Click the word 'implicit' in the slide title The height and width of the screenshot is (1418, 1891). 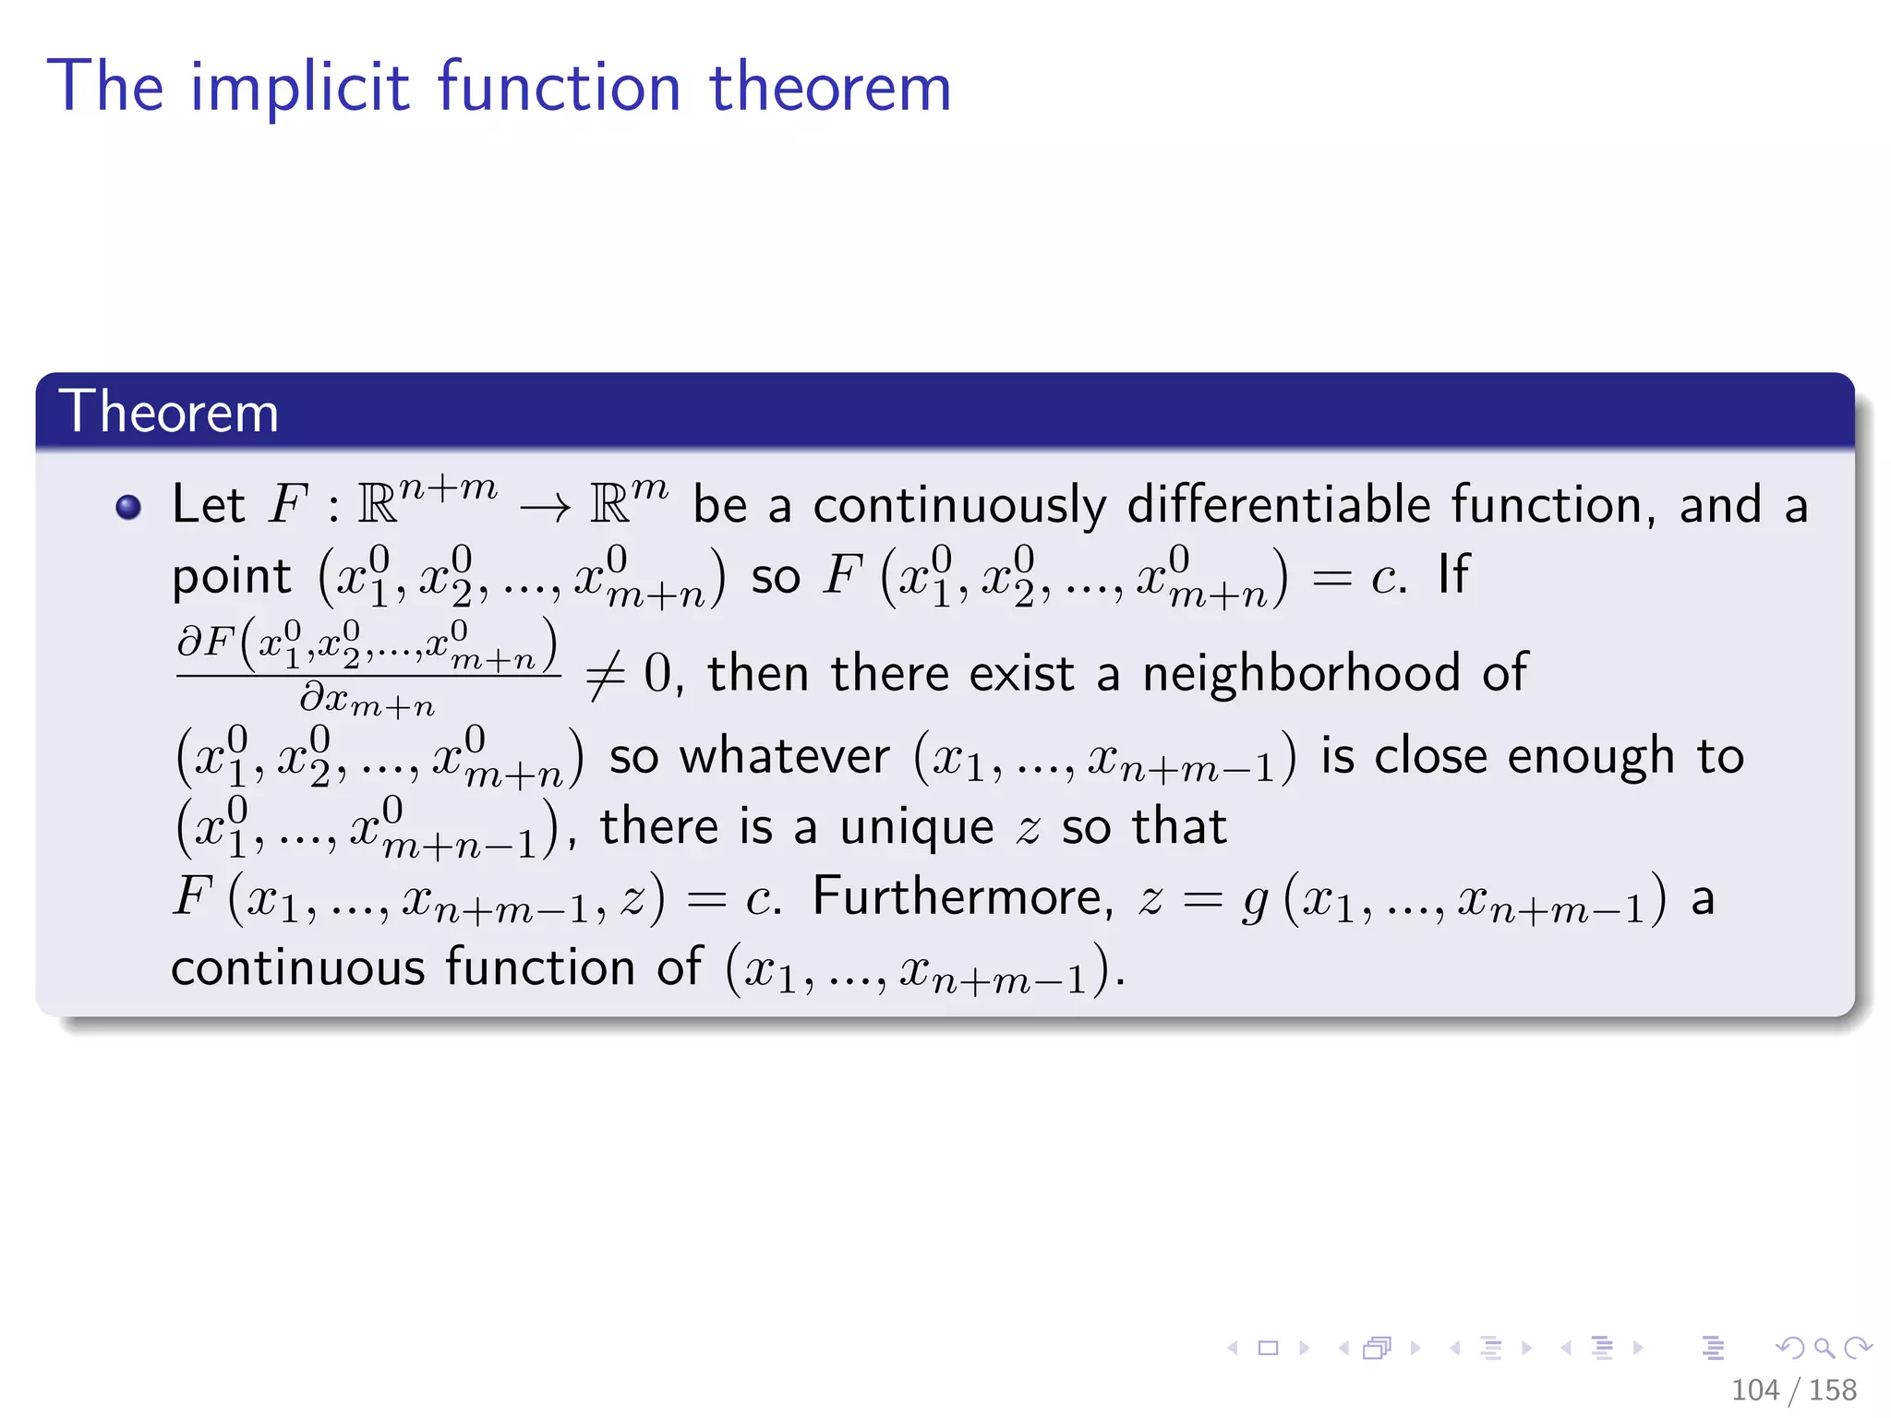click(x=299, y=88)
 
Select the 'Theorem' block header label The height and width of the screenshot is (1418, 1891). click(x=168, y=412)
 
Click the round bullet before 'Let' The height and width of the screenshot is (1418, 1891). click(x=128, y=507)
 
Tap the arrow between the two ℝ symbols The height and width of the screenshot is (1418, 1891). click(x=545, y=507)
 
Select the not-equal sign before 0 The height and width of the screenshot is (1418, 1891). click(x=605, y=675)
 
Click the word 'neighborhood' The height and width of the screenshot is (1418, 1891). click(x=1301, y=673)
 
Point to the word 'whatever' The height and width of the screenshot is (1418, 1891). click(x=784, y=757)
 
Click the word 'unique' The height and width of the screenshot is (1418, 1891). click(x=916, y=826)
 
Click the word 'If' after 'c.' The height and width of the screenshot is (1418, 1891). click(x=1452, y=574)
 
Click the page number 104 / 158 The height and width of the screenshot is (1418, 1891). click(x=1793, y=1389)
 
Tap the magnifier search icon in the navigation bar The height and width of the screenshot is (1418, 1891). click(x=1823, y=1349)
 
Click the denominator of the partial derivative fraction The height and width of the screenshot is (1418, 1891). click(x=367, y=702)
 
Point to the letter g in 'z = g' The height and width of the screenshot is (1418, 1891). click(x=1255, y=900)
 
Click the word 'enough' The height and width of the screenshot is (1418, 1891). click(x=1590, y=757)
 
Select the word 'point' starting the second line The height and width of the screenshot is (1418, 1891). click(x=232, y=577)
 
